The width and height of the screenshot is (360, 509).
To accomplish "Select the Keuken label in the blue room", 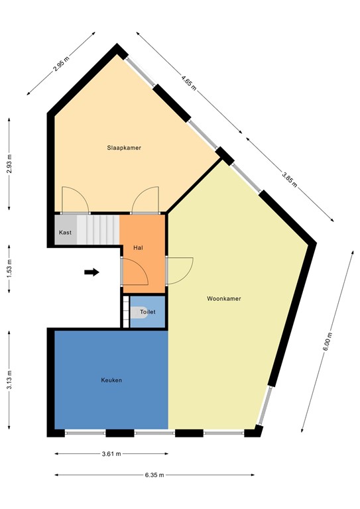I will tap(111, 380).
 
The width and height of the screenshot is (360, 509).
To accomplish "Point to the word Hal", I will tap(139, 247).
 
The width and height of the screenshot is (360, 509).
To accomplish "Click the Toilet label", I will tap(148, 311).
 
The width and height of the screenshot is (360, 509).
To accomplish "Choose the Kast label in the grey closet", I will tap(65, 233).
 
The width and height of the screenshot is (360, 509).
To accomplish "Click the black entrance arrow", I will tap(92, 272).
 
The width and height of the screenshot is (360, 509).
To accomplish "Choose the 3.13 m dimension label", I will tap(9, 382).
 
